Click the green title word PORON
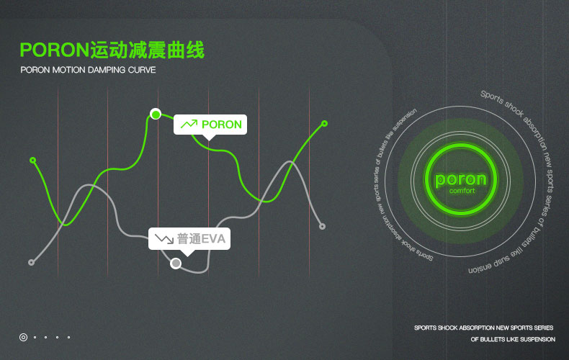click(55, 50)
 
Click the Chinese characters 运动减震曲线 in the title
click(147, 50)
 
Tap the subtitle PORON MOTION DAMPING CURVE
click(88, 71)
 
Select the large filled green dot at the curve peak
click(155, 114)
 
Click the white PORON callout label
click(210, 125)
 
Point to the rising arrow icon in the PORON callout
click(189, 125)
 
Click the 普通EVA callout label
click(189, 238)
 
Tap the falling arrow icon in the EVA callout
click(163, 238)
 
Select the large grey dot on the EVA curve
click(176, 264)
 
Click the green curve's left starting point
click(32, 160)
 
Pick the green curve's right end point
click(324, 124)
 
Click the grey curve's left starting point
click(31, 262)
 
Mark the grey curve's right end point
click(322, 226)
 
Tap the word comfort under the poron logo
click(462, 192)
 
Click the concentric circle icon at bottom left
click(23, 336)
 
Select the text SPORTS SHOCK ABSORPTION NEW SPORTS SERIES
click(483, 328)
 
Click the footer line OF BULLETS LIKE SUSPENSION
click(513, 339)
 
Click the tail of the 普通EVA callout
click(187, 253)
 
